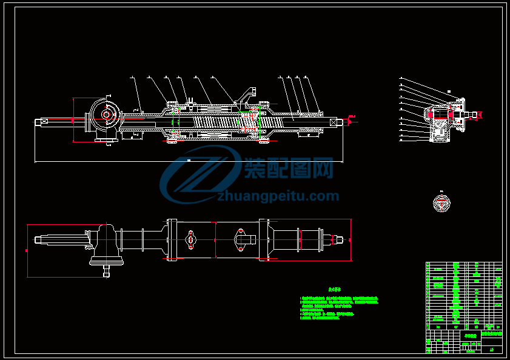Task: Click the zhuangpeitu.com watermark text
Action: pyautogui.click(x=278, y=196)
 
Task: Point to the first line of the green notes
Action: pyautogui.click(x=340, y=298)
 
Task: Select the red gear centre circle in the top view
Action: pyautogui.click(x=106, y=114)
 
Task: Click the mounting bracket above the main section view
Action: pyautogui.click(x=246, y=96)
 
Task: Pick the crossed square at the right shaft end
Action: pyautogui.click(x=332, y=122)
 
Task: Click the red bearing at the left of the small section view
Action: pyautogui.click(x=432, y=115)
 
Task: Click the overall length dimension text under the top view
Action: pyautogui.click(x=189, y=160)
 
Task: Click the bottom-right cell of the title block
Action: pyautogui.click(x=491, y=348)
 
